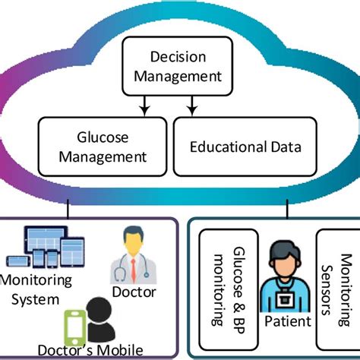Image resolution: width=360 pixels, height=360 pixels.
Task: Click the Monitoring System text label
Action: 37,288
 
